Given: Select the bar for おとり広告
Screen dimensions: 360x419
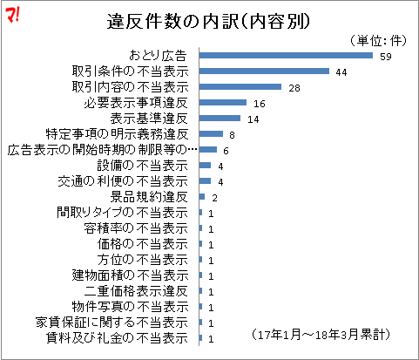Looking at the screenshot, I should [286, 56].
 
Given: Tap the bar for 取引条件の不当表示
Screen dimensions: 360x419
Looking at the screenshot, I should [264, 71].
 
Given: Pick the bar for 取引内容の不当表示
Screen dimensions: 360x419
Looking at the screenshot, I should [240, 87].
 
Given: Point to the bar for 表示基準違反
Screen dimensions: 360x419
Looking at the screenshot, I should [220, 119].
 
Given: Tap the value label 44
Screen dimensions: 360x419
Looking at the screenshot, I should [342, 72].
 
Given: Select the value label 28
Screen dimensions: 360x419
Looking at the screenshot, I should [294, 88].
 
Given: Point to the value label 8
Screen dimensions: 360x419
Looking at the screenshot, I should [233, 135].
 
